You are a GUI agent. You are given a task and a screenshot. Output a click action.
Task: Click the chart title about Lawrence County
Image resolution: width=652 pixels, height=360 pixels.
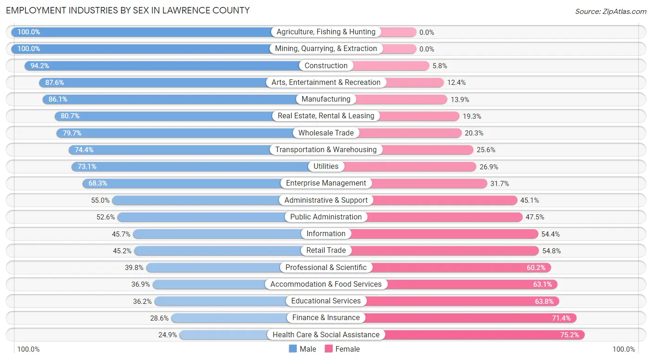(128, 10)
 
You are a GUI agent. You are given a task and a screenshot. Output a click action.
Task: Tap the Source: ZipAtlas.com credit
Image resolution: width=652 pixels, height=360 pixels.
(610, 11)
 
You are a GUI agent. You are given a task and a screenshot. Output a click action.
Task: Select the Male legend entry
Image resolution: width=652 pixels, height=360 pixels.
(302, 349)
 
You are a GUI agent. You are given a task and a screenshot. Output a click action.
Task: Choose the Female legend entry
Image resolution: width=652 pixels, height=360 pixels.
(342, 349)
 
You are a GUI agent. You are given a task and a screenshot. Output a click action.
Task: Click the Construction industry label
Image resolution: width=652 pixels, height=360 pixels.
(326, 66)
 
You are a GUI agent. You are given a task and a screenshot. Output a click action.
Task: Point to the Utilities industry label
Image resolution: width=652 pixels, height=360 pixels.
(326, 167)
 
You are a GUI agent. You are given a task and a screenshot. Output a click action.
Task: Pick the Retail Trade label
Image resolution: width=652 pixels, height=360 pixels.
(326, 251)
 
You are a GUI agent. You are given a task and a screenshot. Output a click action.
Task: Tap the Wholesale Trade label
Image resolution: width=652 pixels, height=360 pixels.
(326, 133)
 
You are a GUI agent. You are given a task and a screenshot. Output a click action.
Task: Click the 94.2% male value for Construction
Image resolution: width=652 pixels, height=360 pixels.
(40, 66)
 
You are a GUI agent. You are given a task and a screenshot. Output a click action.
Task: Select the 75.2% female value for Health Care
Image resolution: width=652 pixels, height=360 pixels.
(570, 334)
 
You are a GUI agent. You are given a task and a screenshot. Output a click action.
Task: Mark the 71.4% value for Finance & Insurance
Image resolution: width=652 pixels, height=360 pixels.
(562, 318)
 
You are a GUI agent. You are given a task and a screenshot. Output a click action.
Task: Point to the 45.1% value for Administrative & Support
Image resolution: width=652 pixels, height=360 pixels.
(530, 200)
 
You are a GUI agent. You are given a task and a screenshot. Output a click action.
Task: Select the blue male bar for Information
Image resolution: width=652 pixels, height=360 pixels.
(218, 234)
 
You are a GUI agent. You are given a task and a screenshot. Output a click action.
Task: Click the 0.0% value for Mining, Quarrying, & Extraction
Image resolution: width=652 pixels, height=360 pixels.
(427, 49)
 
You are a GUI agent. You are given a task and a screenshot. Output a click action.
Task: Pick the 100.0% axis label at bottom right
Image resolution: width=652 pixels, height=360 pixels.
(624, 349)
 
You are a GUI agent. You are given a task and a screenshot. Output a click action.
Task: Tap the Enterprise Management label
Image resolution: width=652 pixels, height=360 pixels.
(326, 183)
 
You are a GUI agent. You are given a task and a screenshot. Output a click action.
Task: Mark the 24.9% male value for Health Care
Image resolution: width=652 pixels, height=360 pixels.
(167, 334)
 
